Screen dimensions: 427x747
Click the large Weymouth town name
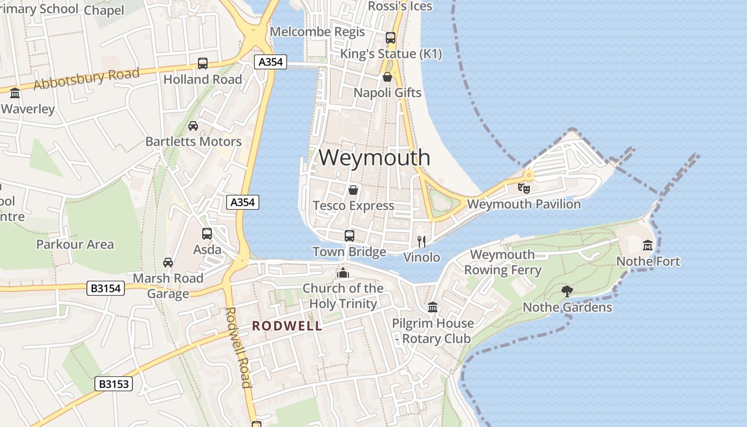pos(375,157)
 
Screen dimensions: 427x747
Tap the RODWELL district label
pos(287,326)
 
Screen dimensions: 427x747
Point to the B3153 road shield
pos(114,384)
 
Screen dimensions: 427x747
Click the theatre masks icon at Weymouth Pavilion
pos(524,188)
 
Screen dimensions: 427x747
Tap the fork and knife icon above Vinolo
pos(422,241)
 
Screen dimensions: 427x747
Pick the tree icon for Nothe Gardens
pos(567,291)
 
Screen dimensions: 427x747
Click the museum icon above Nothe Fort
pos(648,245)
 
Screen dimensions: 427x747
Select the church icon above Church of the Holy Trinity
pos(343,273)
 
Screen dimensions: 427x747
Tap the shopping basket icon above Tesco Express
pos(353,189)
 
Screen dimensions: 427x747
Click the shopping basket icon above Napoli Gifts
pos(387,77)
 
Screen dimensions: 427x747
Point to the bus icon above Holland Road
pos(203,63)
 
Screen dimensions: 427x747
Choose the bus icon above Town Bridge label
pos(349,235)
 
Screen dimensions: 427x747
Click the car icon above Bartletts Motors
pos(193,125)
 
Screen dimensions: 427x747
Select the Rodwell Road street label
pos(238,347)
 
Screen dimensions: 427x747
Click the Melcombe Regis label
pos(317,31)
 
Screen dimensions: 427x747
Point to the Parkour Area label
pos(75,244)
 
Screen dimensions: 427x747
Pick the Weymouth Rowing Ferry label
pos(502,262)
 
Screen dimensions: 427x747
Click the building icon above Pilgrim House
pos(433,307)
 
